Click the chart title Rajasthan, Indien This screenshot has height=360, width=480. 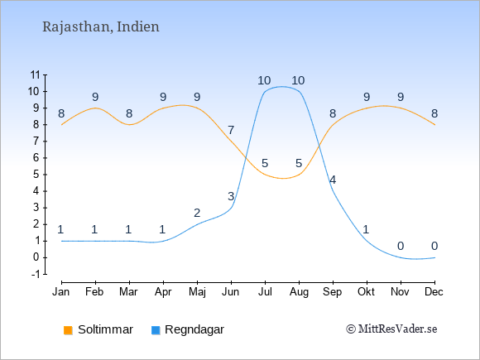pos(101,26)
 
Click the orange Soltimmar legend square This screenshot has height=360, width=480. pos(68,330)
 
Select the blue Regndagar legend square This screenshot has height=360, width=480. pos(156,330)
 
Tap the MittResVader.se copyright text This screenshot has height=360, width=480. pos(391,329)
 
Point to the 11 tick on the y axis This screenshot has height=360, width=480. pos(36,74)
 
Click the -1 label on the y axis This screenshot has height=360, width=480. pos(36,274)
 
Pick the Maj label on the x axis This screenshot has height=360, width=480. pos(197,292)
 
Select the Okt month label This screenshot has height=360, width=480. pos(366,292)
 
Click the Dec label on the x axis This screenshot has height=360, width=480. pos(434,292)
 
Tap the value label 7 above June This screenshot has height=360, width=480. pos(231,130)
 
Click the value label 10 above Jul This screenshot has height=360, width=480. pos(264,80)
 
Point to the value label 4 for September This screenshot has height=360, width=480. pos(333,180)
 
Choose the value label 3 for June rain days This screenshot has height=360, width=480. pos(231,196)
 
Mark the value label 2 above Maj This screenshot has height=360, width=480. pos(197,213)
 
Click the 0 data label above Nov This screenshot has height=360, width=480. pos(401,246)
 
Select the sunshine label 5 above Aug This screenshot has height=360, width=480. pos(299,163)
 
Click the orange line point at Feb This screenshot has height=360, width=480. pos(95,108)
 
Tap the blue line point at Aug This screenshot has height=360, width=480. pos(299,91)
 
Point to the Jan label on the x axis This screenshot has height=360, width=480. pos(61,292)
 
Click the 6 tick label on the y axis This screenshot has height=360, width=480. pos(36,157)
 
